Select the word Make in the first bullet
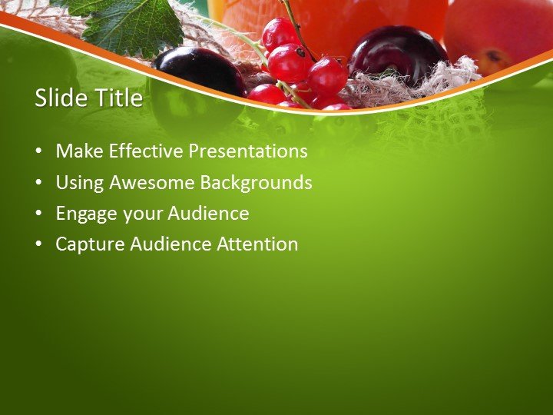pos(80,151)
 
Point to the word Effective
pos(145,151)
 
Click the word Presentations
pos(248,151)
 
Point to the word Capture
pos(90,244)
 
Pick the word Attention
pos(257,244)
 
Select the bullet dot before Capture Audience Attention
pos(38,245)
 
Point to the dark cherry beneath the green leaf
pos(200,71)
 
